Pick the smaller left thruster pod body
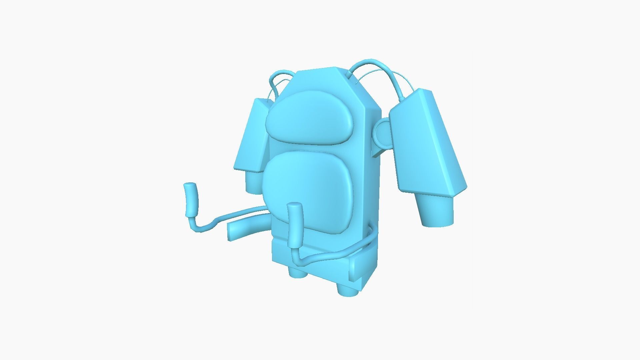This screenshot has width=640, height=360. pos(252,137)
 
